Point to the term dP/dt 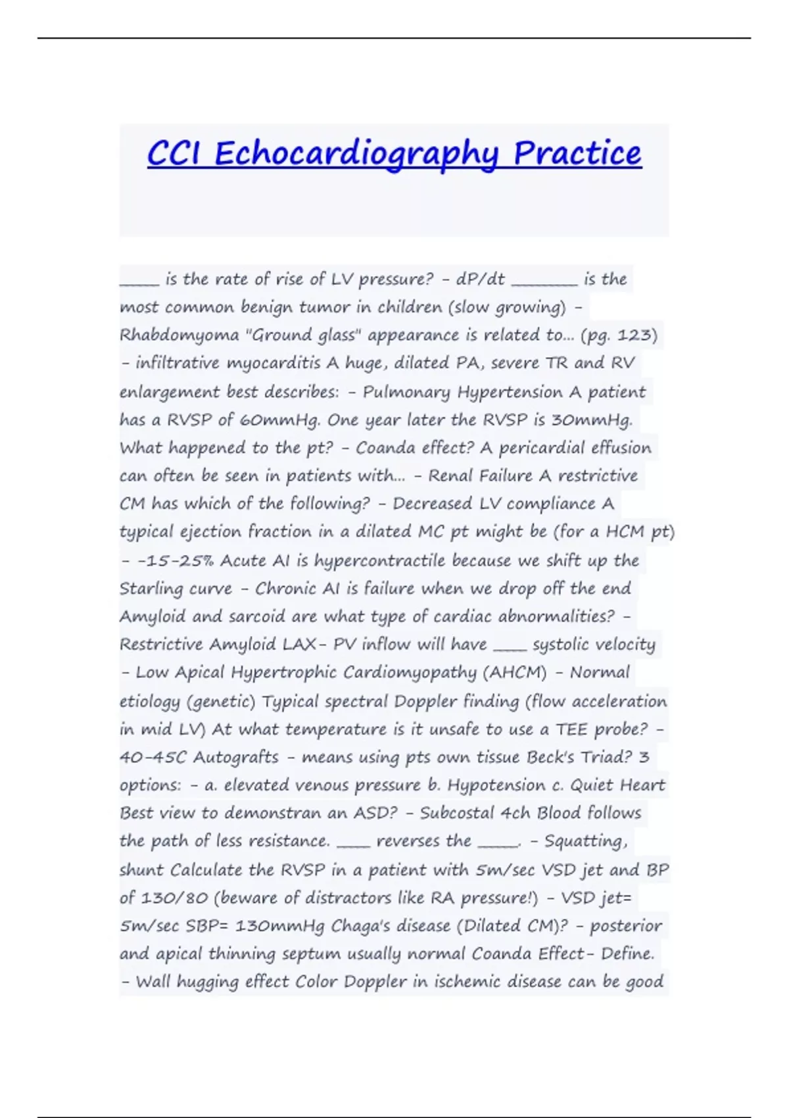click(x=480, y=279)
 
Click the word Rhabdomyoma click(x=179, y=335)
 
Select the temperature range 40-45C click(x=153, y=757)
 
